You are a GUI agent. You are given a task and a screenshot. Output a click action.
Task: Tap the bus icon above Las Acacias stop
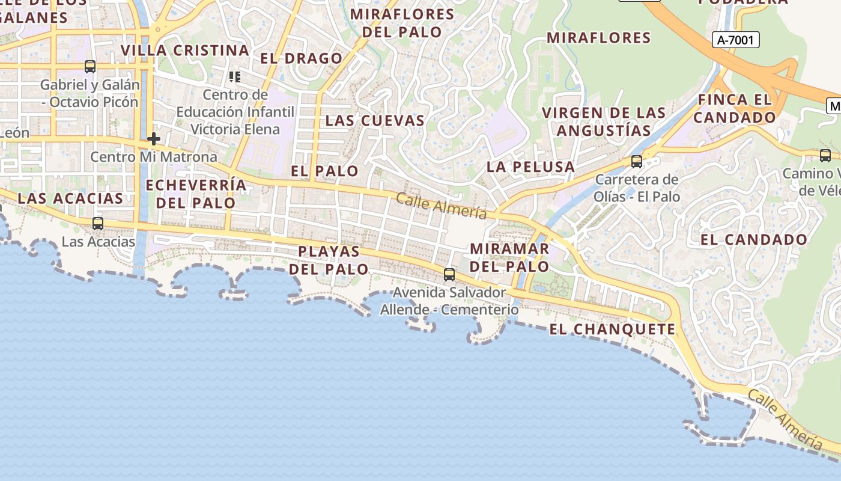(x=97, y=224)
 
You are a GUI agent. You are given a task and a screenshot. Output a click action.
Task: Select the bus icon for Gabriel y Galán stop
(x=90, y=67)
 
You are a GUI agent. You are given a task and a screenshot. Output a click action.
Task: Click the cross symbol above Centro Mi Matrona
(x=154, y=139)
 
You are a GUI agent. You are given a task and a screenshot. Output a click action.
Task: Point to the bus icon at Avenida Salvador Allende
(x=449, y=275)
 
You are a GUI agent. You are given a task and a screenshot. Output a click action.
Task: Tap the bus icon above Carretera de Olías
(x=637, y=162)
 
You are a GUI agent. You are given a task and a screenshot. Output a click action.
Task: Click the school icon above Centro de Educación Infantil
(x=234, y=77)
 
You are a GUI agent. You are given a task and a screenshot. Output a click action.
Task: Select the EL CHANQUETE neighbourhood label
(x=612, y=329)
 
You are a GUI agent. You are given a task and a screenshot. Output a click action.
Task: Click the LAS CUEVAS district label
(x=375, y=120)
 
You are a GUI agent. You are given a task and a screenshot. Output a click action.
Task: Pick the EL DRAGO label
(x=301, y=58)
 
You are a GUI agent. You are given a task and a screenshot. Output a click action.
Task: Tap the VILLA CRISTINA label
(x=185, y=51)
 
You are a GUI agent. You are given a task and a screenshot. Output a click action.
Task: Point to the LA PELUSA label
(x=530, y=167)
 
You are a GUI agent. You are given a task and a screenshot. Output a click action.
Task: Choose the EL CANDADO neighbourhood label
(x=754, y=239)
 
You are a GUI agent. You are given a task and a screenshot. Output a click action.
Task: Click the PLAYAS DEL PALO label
(x=329, y=260)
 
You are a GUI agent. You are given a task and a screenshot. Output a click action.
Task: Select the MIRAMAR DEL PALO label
(x=509, y=257)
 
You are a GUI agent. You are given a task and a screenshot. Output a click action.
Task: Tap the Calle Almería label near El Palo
(x=441, y=206)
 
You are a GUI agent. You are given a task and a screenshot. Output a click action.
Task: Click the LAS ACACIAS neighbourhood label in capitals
(x=70, y=198)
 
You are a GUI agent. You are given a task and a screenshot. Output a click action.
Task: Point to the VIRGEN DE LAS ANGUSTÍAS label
(x=604, y=121)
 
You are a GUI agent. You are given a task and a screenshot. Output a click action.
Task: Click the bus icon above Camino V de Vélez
(x=825, y=156)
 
